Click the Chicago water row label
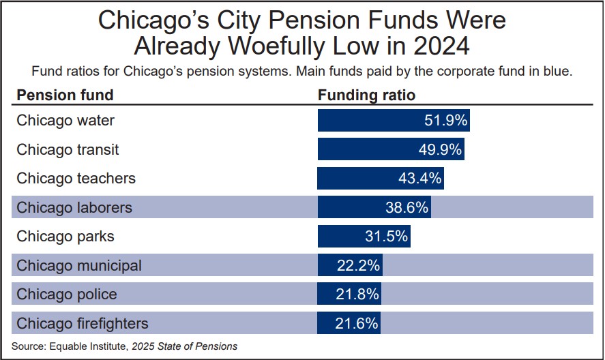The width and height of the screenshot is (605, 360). point(65,121)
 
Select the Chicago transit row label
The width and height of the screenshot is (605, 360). point(68,149)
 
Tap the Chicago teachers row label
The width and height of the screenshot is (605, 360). point(76,179)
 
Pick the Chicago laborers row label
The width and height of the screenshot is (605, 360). point(74,207)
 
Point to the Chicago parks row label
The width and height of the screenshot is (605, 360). point(65,237)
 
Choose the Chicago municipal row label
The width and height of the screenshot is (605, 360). point(79,265)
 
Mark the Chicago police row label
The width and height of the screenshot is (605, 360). point(67,295)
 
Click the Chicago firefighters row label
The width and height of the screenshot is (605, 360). point(83,323)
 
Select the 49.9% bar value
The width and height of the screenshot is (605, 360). point(440,149)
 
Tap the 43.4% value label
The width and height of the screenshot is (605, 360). point(419,179)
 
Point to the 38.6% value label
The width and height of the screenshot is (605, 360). point(407,207)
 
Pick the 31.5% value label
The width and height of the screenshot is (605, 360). point(386,237)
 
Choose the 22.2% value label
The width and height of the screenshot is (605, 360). point(358,265)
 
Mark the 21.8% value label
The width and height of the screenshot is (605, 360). point(357,295)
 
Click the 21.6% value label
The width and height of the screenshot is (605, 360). point(357,323)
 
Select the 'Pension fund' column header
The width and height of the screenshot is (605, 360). point(65,95)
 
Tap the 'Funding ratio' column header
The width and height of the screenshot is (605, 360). point(366,95)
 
